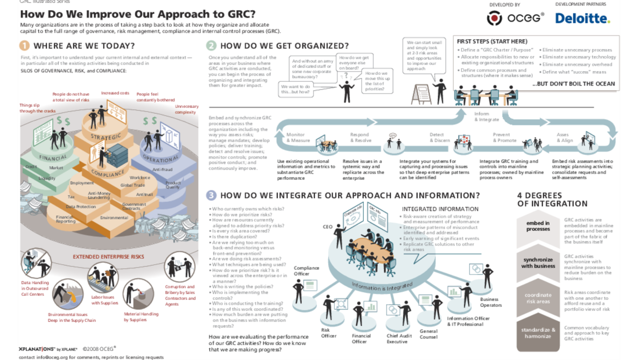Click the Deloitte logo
point(582,19)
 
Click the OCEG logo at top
point(515,18)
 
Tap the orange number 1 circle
point(25,46)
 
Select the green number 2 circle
point(211,46)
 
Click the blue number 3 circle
point(211,195)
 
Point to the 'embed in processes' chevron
point(538,226)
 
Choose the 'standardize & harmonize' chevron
point(538,333)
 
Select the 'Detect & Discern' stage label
point(439,138)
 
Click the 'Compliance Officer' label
point(306,271)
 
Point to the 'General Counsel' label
point(428,334)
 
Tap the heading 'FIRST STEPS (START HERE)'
point(492,41)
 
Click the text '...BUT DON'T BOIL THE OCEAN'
point(573,84)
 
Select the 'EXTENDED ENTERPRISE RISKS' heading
point(109,257)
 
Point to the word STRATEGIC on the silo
point(105,137)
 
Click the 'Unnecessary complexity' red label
point(186,109)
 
